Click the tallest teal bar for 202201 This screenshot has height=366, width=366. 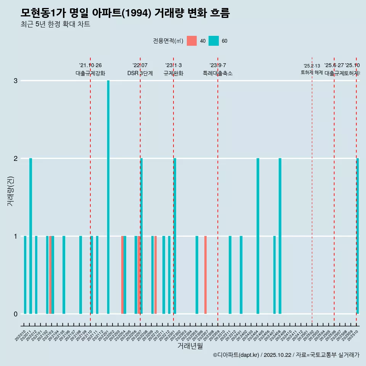(108, 197)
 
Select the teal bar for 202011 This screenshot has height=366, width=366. (30, 236)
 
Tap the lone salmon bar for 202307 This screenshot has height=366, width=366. (205, 275)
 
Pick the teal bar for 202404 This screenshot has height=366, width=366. (258, 236)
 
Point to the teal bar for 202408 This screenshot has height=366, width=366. (280, 236)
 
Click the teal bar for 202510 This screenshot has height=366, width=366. (358, 236)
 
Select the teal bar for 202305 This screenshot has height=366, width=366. (197, 275)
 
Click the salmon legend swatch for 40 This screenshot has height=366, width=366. (192, 41)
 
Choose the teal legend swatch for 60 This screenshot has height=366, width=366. (213, 41)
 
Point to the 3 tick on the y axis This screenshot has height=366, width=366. (16, 81)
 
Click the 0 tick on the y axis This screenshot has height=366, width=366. (16, 314)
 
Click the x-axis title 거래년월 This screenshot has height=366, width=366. (190, 346)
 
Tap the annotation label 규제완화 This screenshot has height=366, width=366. (173, 74)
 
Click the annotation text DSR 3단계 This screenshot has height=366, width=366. (140, 74)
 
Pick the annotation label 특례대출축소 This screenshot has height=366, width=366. (218, 74)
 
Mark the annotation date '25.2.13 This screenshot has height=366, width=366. (312, 66)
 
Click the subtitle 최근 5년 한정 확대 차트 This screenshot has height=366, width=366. (55, 24)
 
